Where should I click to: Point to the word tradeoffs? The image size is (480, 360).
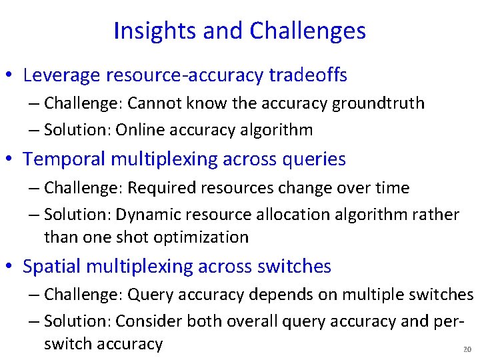click(x=308, y=75)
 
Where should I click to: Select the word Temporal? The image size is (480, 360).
click(x=64, y=159)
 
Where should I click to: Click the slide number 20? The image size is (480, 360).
click(x=467, y=350)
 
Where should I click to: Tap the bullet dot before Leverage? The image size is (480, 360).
click(x=9, y=76)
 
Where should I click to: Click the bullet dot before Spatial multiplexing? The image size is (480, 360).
click(x=9, y=267)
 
